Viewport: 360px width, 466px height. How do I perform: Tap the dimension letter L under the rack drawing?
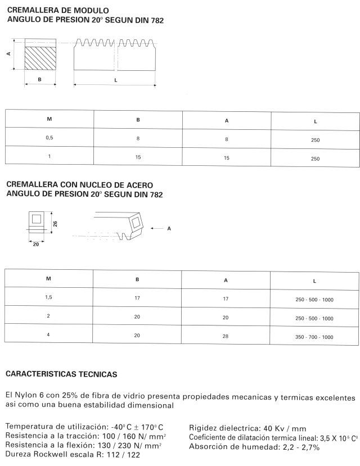tap(115, 80)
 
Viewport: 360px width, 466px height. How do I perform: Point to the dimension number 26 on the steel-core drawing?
tap(56, 224)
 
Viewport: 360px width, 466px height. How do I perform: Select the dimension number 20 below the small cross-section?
tap(36, 244)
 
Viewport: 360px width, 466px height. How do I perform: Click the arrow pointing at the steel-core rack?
tap(157, 228)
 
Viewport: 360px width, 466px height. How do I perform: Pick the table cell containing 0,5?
tap(49, 137)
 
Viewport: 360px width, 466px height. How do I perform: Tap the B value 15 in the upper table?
tap(138, 157)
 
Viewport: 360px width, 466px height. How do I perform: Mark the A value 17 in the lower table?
tap(226, 298)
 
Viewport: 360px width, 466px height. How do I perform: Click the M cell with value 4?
tap(49, 336)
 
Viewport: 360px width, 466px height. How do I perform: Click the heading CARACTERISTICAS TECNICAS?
tap(61, 374)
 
